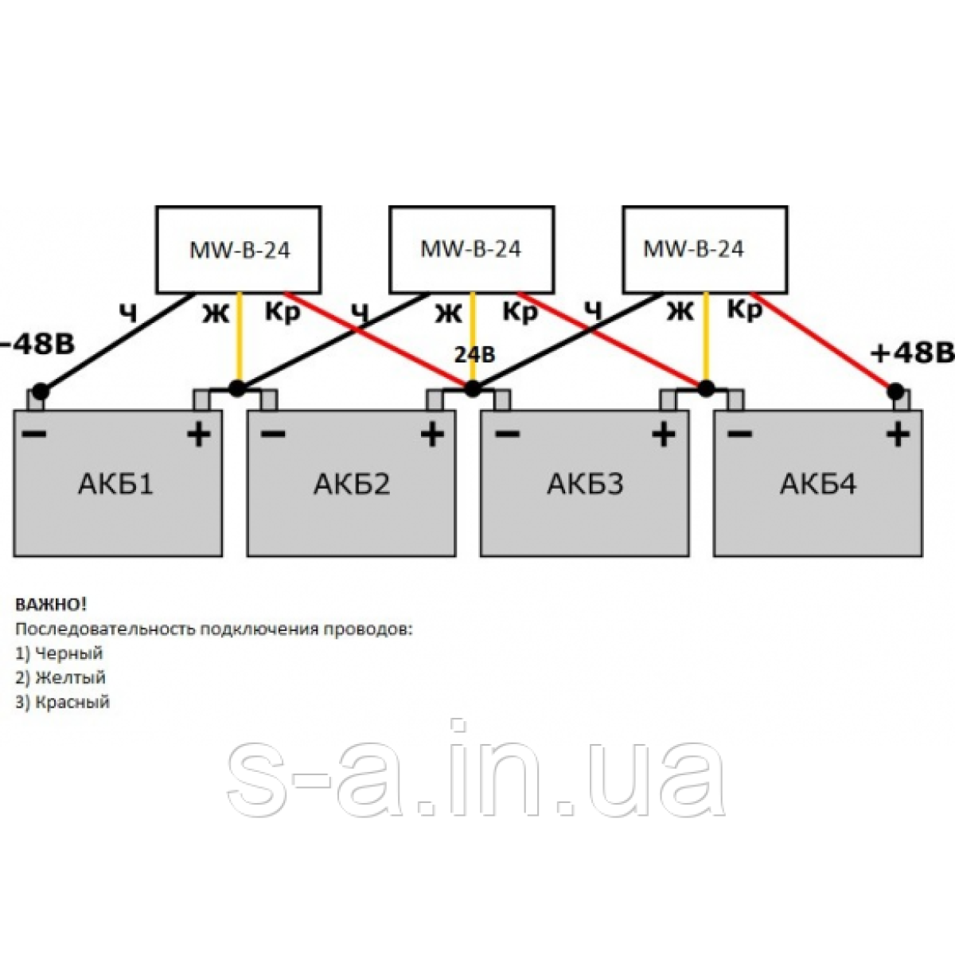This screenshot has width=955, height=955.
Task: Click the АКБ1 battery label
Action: [x=115, y=483]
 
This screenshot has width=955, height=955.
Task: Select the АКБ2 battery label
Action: [x=352, y=483]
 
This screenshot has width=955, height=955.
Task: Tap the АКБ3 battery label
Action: [x=585, y=483]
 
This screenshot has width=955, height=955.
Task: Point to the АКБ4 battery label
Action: [x=818, y=483]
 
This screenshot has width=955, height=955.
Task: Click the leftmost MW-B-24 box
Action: [x=239, y=250]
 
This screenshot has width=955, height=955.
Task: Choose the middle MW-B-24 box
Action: [x=471, y=249]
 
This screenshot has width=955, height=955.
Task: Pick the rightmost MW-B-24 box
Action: [x=704, y=249]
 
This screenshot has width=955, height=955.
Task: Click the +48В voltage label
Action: [x=912, y=353]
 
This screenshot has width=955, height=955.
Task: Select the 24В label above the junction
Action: [x=474, y=354]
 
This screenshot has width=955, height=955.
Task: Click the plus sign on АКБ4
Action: [x=898, y=435]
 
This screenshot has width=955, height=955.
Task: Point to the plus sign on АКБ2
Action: [x=431, y=435]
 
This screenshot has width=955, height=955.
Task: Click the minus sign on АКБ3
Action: [x=506, y=434]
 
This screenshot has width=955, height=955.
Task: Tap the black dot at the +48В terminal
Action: [x=895, y=391]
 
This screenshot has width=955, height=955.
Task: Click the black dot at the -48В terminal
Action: [x=40, y=391]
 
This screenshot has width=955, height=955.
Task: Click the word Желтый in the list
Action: [x=71, y=678]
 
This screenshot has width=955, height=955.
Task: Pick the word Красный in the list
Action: [x=73, y=702]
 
